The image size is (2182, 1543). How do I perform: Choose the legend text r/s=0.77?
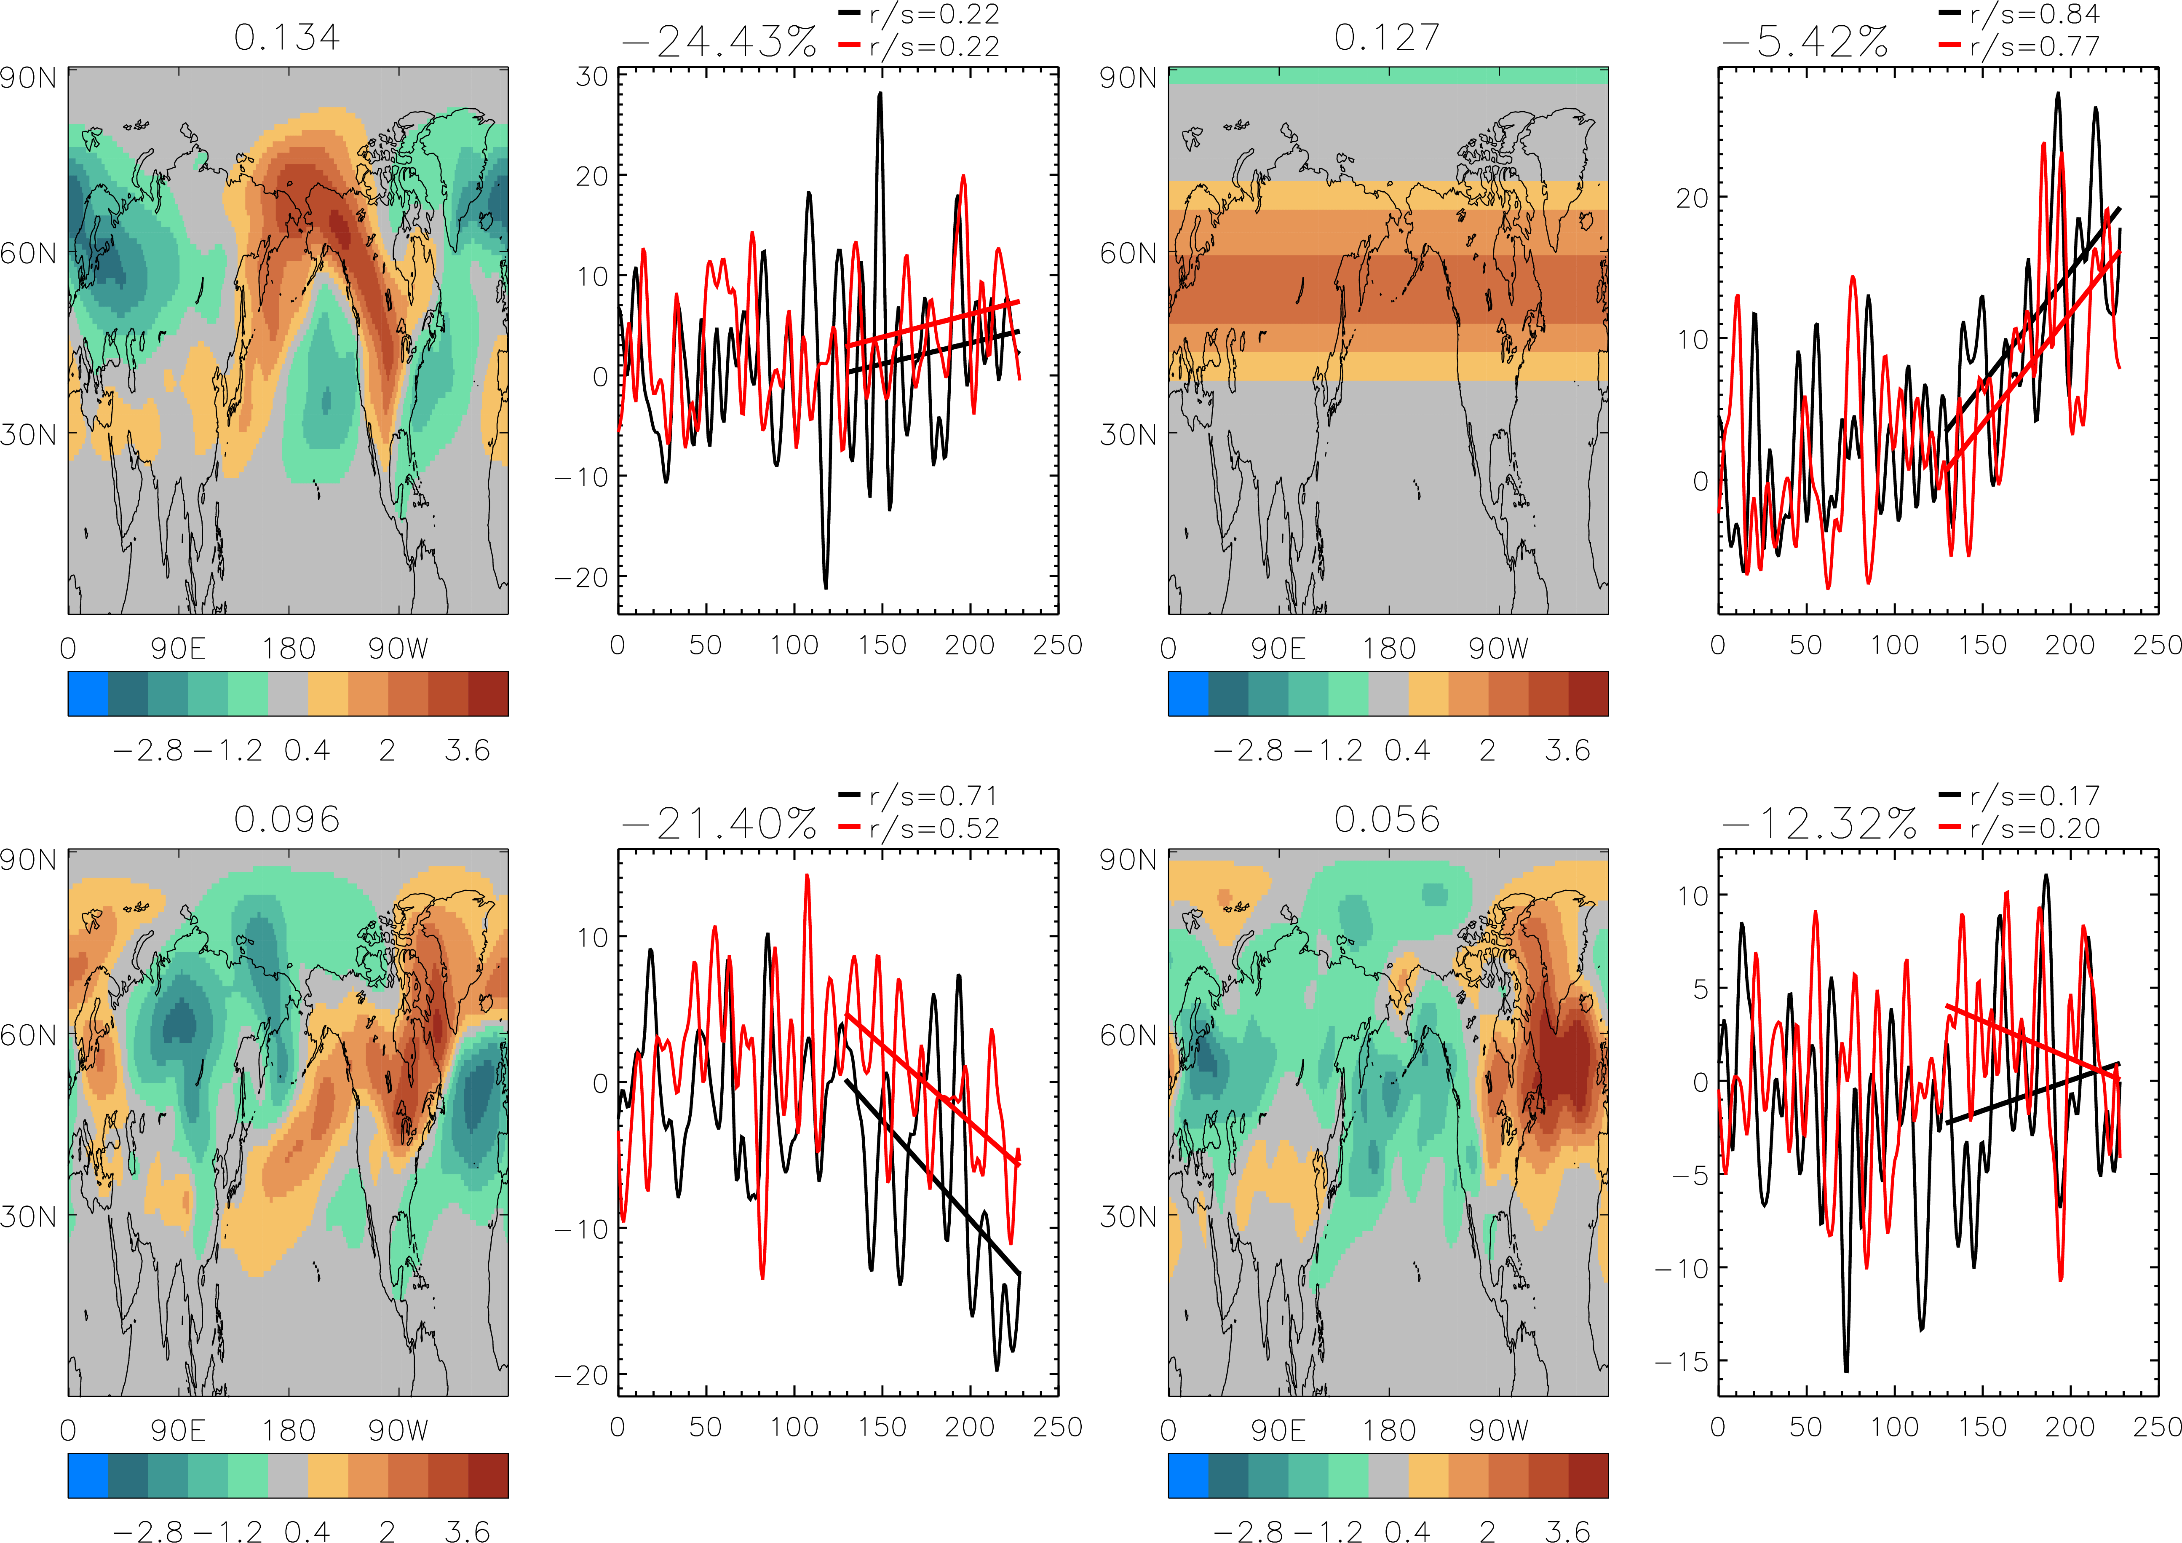click(2034, 46)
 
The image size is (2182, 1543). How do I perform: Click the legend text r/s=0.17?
click(2034, 796)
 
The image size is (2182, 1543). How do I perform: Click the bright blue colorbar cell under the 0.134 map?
click(88, 693)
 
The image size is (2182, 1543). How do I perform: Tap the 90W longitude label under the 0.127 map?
click(1499, 648)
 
